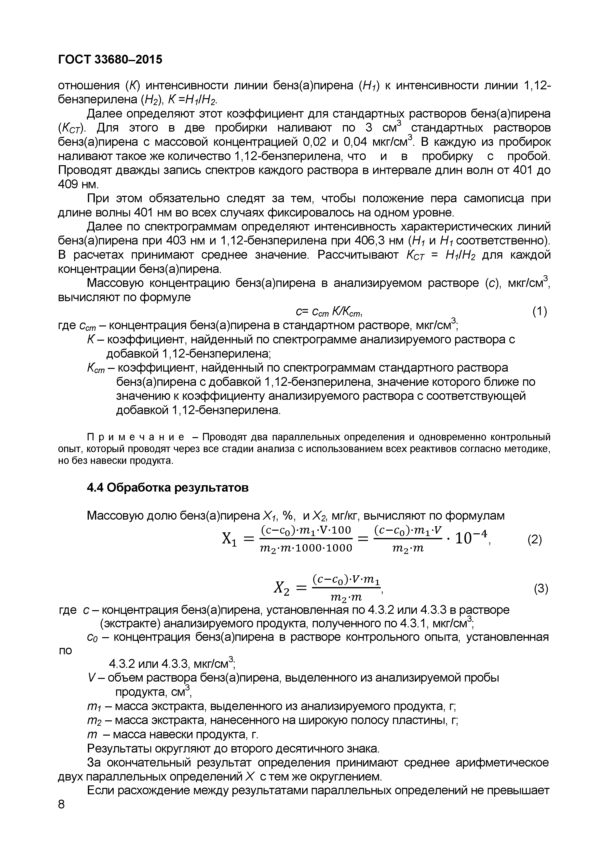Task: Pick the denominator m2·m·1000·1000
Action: [306, 548]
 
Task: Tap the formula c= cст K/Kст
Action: [328, 312]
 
